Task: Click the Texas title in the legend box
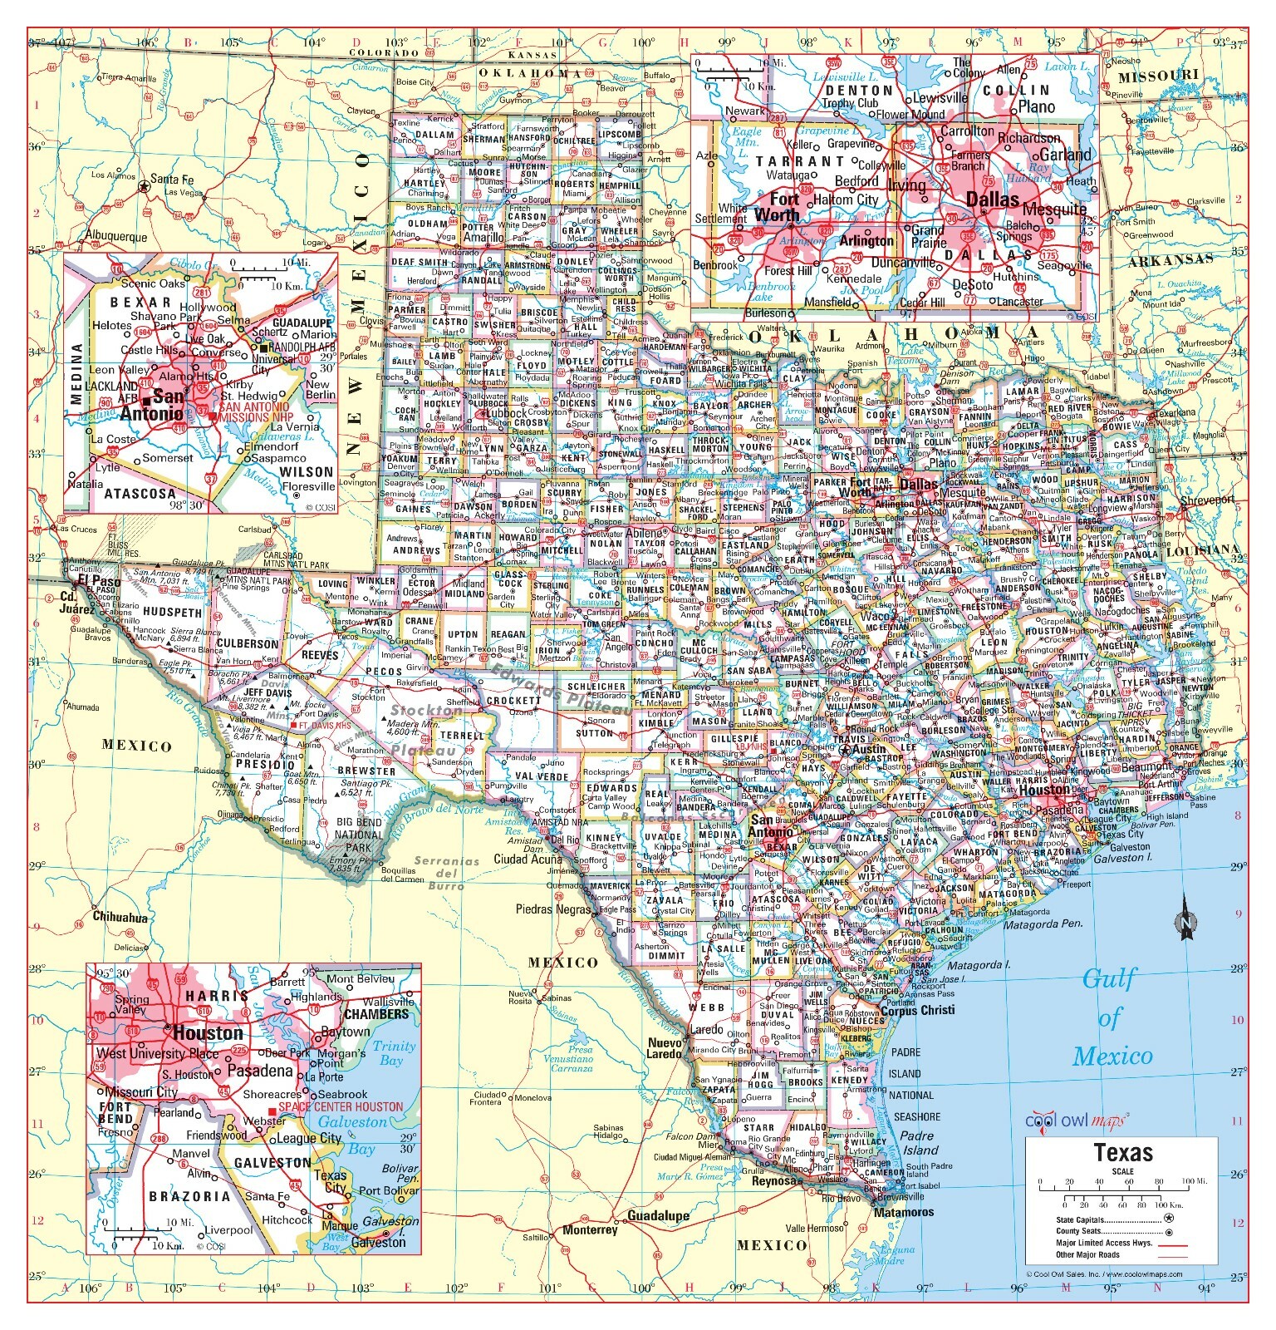(x=1123, y=1153)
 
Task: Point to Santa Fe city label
(x=177, y=180)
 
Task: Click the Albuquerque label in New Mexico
(x=116, y=237)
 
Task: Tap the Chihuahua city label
(x=120, y=918)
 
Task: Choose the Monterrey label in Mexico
(x=590, y=1229)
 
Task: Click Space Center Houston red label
(x=340, y=1107)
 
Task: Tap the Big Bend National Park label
(x=359, y=835)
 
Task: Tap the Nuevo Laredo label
(x=665, y=1048)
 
